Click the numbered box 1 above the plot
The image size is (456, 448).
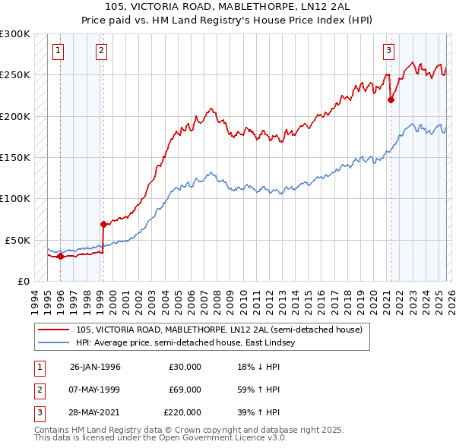[59, 51]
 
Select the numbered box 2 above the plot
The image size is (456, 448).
[103, 51]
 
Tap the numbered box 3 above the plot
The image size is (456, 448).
[388, 51]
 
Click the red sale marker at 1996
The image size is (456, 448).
[60, 256]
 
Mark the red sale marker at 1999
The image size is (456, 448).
[103, 224]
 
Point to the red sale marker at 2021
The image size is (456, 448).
[391, 99]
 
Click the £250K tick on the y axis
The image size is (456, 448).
[15, 75]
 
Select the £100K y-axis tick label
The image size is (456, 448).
[15, 198]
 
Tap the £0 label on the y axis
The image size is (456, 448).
[23, 280]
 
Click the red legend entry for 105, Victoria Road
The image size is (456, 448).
[220, 330]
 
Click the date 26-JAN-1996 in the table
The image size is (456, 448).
[95, 367]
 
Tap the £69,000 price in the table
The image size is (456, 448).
[185, 390]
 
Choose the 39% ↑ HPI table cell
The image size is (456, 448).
[258, 412]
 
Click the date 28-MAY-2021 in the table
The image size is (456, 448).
[95, 412]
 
